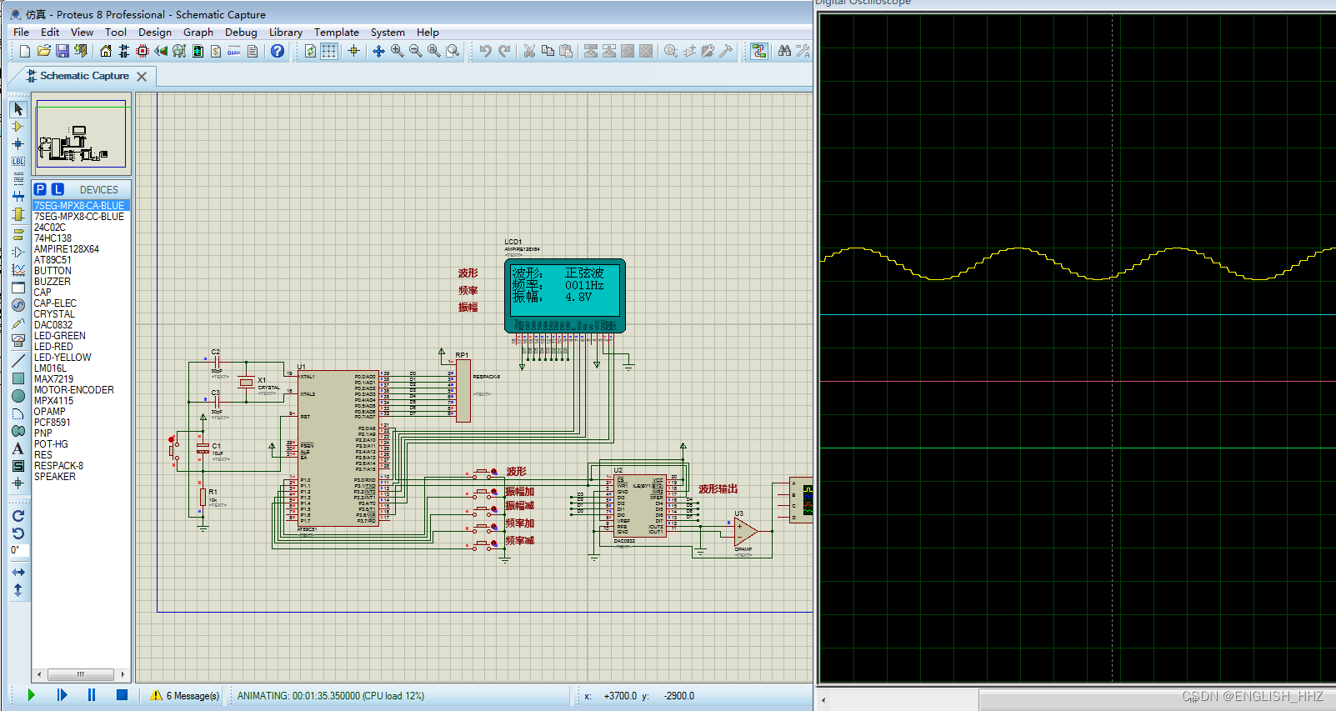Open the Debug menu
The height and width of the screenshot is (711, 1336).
pos(241,33)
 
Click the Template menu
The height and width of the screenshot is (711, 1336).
pos(336,33)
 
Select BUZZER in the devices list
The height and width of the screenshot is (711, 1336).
pos(53,282)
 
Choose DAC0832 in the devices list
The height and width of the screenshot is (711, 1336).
pos(53,325)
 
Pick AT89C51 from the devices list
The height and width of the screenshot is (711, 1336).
pos(53,260)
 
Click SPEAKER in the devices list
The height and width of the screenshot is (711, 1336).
pos(55,477)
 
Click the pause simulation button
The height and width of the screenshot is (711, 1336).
pos(92,695)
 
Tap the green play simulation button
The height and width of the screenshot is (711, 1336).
pos(31,695)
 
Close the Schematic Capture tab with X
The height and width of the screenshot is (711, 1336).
pos(142,77)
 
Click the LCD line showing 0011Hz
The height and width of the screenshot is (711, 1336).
pos(583,285)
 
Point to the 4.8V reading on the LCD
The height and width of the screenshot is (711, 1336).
pos(578,297)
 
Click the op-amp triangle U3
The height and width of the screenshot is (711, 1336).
pos(744,531)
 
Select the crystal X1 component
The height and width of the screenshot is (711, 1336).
pos(246,383)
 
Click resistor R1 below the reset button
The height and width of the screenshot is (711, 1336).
pos(203,497)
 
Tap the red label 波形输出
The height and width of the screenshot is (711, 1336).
pos(718,489)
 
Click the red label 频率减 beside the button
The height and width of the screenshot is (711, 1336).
pos(519,541)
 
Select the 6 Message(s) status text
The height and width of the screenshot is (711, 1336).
pos(193,696)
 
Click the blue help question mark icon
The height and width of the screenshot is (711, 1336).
pos(278,51)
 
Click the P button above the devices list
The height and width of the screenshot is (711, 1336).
pos(40,189)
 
